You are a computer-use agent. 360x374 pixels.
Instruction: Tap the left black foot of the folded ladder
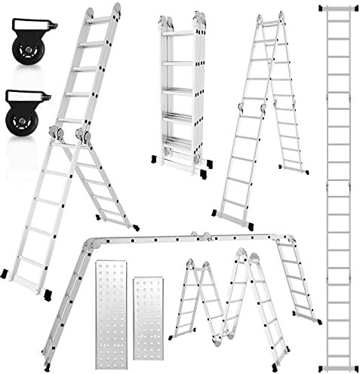click(x=157, y=159)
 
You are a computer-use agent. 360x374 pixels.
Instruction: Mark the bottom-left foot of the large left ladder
click(x=8, y=271)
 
